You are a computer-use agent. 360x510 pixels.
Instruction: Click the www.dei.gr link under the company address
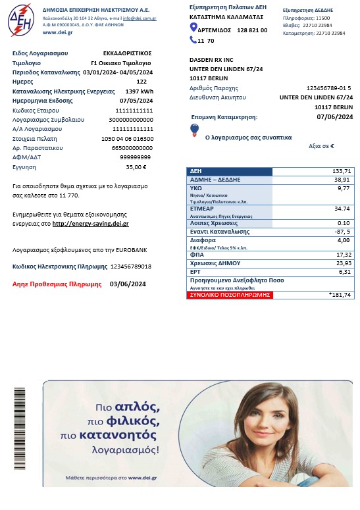[57, 32]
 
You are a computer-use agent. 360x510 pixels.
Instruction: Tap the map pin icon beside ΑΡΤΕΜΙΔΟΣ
[193, 28]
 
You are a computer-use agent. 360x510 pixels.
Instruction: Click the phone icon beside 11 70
[193, 40]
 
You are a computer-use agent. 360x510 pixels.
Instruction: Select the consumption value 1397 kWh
[139, 91]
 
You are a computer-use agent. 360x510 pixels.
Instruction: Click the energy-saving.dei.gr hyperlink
[90, 224]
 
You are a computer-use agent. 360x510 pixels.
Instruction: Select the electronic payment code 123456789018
[130, 267]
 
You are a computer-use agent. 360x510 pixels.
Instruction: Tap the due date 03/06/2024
[128, 284]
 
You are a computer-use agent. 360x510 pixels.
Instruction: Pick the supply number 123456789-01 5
[328, 88]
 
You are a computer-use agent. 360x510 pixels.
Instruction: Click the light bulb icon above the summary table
[194, 130]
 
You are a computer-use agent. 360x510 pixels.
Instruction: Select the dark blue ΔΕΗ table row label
[229, 171]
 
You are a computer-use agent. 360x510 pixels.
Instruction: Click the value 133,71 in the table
[342, 171]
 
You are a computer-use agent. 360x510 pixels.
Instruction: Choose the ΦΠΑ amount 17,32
[342, 254]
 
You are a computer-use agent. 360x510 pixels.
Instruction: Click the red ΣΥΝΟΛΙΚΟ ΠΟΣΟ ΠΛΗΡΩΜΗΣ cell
[229, 295]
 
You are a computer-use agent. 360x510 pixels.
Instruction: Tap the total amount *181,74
[340, 295]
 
